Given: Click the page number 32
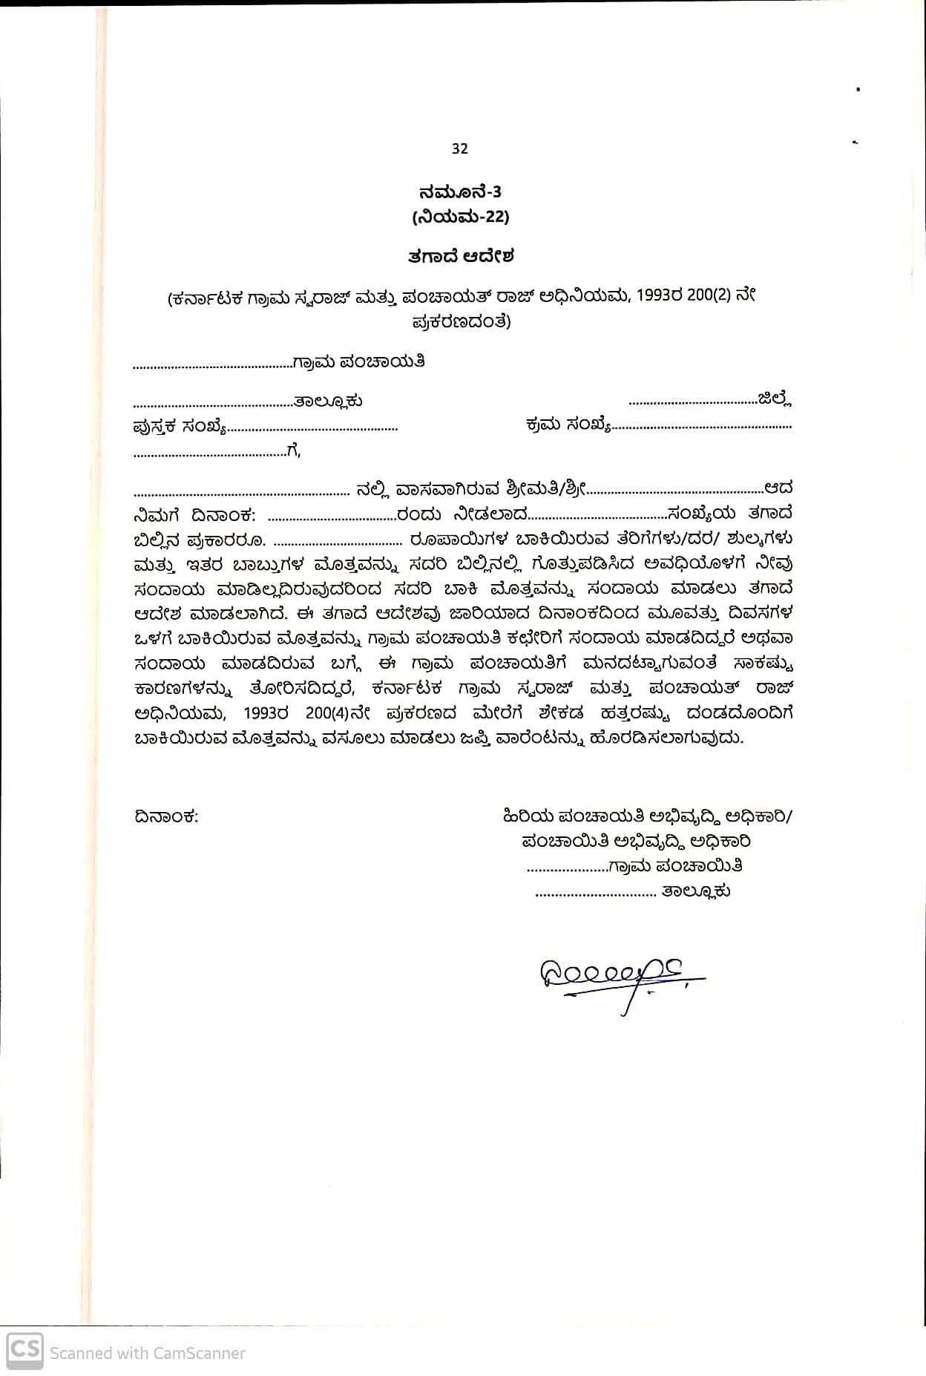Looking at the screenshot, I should point(459,148).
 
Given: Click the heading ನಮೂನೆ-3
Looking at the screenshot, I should point(460,192).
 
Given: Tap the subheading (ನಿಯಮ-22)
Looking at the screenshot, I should point(460,217).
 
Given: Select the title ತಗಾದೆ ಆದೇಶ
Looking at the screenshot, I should point(460,257).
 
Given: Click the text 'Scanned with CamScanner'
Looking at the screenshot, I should point(147,1353).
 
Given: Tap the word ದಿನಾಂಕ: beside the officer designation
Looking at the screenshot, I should point(166,817).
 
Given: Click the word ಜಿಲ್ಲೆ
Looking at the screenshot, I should point(775,400).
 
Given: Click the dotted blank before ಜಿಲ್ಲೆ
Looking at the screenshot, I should point(692,402).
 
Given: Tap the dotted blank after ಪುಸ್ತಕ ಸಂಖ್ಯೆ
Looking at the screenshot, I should point(312,429).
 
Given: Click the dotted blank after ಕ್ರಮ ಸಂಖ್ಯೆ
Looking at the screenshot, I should point(701,428).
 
